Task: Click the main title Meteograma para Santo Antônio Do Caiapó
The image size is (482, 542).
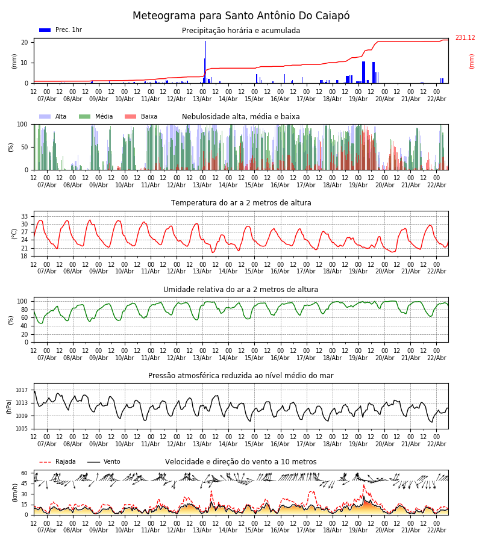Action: [241, 16]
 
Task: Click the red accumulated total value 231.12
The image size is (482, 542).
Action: [465, 38]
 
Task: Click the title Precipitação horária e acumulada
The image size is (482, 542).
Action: [241, 31]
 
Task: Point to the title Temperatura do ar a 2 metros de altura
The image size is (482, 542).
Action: [241, 203]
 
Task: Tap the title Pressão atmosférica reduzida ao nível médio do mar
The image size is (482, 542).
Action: [241, 376]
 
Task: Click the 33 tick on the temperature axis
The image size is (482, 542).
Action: [25, 216]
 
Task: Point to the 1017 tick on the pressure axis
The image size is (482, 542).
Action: [22, 390]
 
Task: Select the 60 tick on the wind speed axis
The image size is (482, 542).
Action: [25, 473]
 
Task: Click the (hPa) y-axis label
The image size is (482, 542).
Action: [9, 406]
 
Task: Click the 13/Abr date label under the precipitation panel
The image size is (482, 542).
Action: [202, 99]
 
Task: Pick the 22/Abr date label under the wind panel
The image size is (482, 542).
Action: [437, 531]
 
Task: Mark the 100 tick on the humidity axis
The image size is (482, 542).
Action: [23, 301]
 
